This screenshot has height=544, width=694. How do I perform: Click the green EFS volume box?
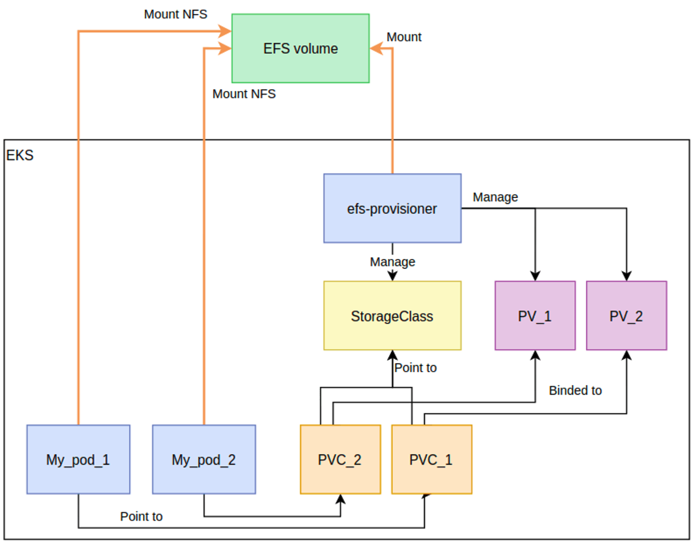pyautogui.click(x=301, y=48)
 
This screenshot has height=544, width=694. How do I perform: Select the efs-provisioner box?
pyautogui.click(x=392, y=208)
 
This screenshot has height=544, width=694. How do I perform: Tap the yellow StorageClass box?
pyautogui.click(x=392, y=315)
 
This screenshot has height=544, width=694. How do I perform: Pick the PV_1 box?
pyautogui.click(x=535, y=315)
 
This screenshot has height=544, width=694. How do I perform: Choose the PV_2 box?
pyautogui.click(x=626, y=315)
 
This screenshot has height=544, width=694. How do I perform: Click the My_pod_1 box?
pyautogui.click(x=78, y=460)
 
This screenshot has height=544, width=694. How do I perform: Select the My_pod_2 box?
pyautogui.click(x=204, y=460)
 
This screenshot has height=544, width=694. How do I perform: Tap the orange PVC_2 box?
pyautogui.click(x=340, y=460)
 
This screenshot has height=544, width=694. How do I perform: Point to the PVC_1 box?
pyautogui.click(x=431, y=460)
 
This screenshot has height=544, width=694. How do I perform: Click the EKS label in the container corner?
pyautogui.click(x=20, y=155)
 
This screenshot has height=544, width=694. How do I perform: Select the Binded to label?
pyautogui.click(x=575, y=391)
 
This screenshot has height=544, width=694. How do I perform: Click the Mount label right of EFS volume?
pyautogui.click(x=404, y=37)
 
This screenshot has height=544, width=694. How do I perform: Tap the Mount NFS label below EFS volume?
pyautogui.click(x=244, y=94)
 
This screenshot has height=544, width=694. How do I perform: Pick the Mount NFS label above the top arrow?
pyautogui.click(x=175, y=14)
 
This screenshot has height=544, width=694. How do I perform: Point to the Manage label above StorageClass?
pyautogui.click(x=393, y=262)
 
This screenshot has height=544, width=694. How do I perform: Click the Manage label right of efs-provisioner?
pyautogui.click(x=495, y=197)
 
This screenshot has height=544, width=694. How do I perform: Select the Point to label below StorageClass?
pyautogui.click(x=415, y=368)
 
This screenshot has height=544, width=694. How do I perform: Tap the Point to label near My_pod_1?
pyautogui.click(x=141, y=516)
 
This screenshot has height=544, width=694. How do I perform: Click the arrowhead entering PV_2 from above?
pyautogui.click(x=626, y=276)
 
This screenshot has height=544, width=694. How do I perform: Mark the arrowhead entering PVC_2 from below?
pyautogui.click(x=340, y=499)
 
